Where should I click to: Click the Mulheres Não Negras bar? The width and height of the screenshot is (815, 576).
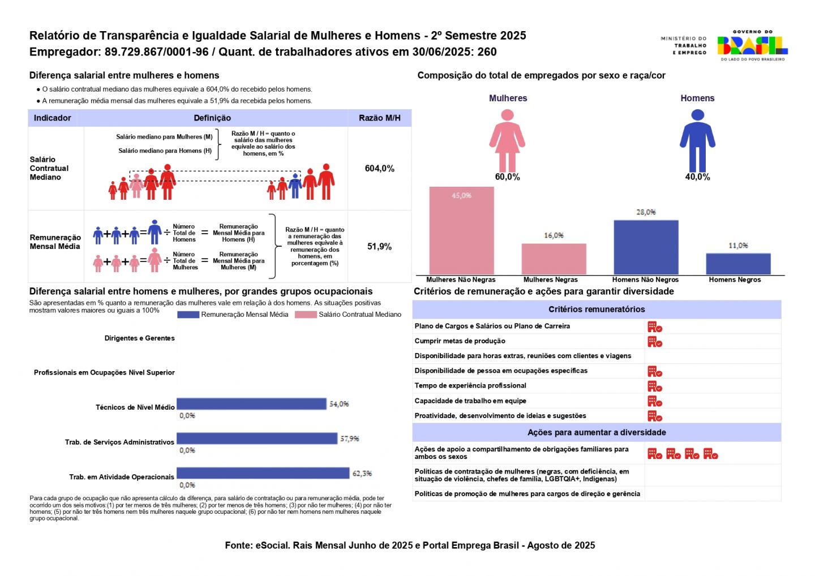tap(461, 230)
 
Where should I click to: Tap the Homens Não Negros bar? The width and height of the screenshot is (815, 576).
tap(646, 247)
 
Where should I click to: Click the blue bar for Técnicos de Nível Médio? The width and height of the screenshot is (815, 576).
tap(252, 404)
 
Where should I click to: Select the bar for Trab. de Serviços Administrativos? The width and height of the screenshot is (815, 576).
tap(257, 439)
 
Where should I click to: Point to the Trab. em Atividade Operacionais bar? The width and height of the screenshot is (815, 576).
tap(263, 473)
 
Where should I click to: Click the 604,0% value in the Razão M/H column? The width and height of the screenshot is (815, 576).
tap(379, 169)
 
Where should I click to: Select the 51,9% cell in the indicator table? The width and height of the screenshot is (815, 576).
tap(379, 247)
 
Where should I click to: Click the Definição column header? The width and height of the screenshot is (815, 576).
tap(212, 118)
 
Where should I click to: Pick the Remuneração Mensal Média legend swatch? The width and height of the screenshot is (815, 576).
tap(188, 315)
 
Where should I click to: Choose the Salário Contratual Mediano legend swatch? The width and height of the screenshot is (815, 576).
tap(306, 315)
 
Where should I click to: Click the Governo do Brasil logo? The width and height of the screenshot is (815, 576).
tap(752, 46)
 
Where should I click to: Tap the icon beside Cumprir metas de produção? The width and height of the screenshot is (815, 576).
tap(655, 342)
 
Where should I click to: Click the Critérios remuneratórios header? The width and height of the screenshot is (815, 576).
tap(597, 310)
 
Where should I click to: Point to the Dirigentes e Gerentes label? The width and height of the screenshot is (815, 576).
tap(140, 338)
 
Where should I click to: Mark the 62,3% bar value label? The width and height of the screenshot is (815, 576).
tap(362, 474)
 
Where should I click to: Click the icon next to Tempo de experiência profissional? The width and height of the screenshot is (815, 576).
tap(655, 386)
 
